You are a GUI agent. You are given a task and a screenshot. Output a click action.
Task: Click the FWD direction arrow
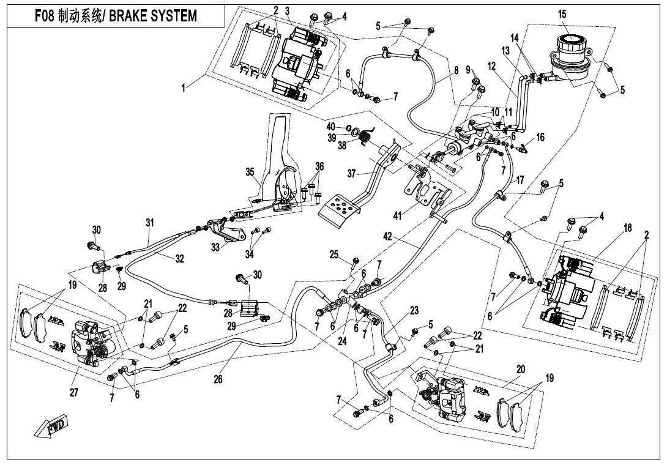click(50, 426)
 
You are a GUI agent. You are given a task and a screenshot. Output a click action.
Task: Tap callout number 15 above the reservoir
click(562, 14)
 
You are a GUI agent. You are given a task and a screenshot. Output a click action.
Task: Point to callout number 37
click(351, 174)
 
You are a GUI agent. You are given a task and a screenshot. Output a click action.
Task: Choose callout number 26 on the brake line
click(218, 378)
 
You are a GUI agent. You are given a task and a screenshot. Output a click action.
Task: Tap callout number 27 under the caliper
click(74, 392)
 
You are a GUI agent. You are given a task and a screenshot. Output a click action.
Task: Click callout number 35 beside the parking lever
click(250, 172)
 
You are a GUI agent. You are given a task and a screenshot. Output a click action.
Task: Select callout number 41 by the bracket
click(397, 216)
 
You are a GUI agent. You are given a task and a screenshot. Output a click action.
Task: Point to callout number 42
click(387, 237)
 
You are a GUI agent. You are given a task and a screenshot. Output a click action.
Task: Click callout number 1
click(184, 89)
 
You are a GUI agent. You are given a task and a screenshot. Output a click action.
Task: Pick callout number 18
click(628, 228)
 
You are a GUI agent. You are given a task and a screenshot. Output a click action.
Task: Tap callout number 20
click(521, 370)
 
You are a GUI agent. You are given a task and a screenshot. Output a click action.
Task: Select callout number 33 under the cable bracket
click(215, 247)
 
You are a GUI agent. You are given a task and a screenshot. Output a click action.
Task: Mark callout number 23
click(414, 311)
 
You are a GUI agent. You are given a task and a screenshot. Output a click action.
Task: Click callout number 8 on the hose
click(456, 70)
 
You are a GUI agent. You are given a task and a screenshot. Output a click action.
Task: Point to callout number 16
click(540, 138)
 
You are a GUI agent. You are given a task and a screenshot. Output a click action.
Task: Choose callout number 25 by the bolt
click(334, 255)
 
